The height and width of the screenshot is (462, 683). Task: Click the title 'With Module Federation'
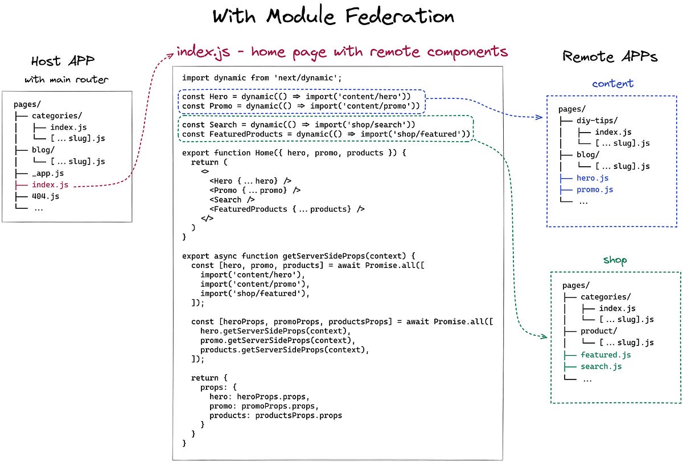tap(334, 16)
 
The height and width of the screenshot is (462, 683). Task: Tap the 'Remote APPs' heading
tap(610, 56)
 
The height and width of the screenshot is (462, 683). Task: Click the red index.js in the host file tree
tap(50, 185)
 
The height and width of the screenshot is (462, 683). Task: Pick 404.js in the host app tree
tap(46, 196)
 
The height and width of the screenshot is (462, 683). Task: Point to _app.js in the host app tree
tap(48, 174)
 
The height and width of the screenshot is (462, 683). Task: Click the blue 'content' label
tap(612, 83)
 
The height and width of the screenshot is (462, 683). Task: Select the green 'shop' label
tap(615, 260)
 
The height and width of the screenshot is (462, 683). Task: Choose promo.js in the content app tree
tap(594, 189)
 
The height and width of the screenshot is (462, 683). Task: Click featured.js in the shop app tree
tap(606, 354)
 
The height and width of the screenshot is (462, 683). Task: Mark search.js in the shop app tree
tap(601, 366)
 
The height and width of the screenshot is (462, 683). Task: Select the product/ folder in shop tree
tap(599, 331)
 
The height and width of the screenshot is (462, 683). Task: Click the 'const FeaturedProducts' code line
tap(326, 134)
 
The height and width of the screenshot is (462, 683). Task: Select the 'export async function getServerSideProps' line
tap(299, 255)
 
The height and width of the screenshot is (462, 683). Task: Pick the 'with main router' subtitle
tap(66, 80)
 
